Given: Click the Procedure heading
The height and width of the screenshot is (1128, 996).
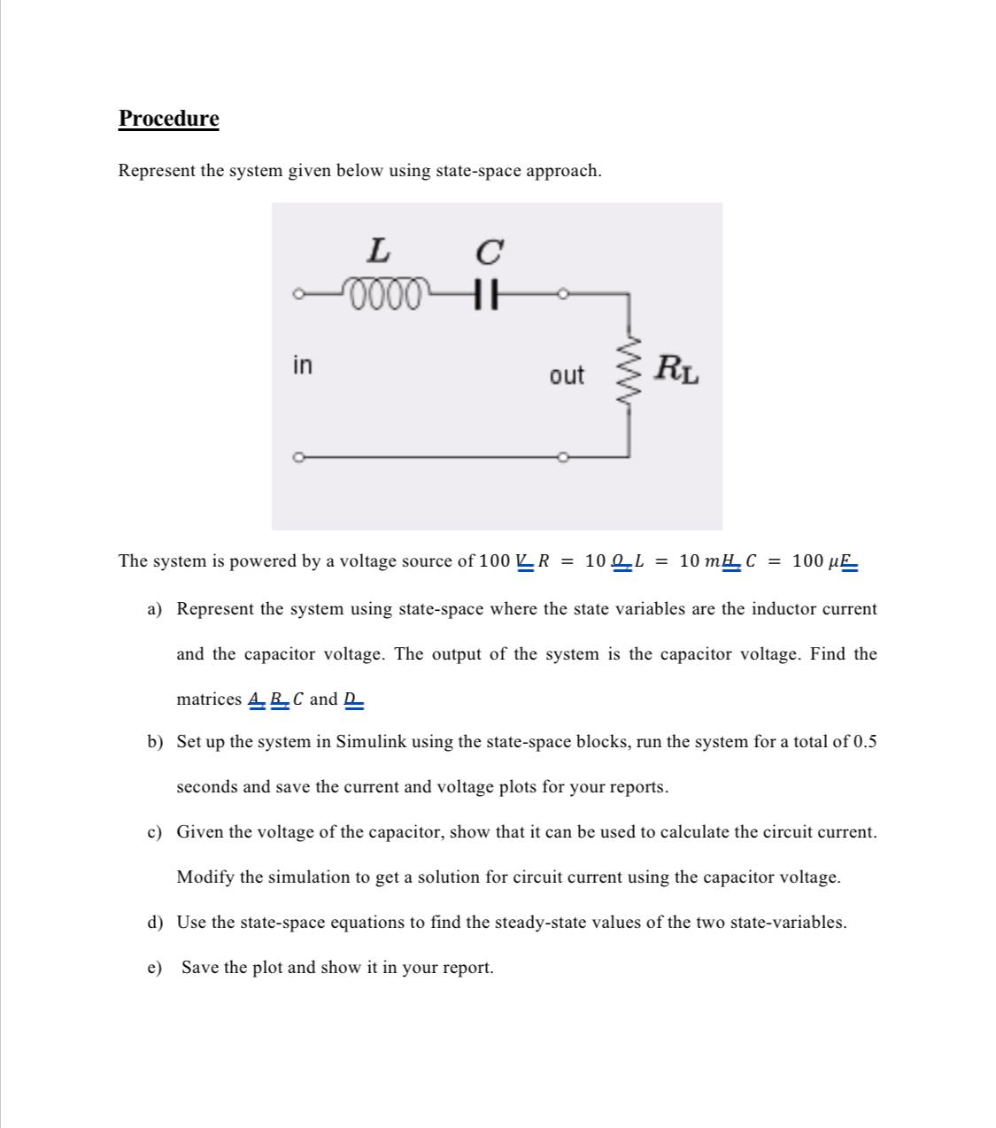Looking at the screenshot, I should click(x=168, y=119).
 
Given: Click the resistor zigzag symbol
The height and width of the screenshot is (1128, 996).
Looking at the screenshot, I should click(x=629, y=374).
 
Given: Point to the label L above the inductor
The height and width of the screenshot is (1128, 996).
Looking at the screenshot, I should click(x=378, y=251).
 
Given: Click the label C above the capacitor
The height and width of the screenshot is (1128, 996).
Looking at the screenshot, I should click(x=488, y=252).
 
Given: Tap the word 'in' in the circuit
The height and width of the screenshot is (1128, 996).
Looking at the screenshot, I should click(x=302, y=365).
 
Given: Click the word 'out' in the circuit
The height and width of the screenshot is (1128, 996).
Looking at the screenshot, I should click(x=567, y=375).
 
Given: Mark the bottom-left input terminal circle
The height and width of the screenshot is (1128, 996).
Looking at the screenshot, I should click(x=300, y=457).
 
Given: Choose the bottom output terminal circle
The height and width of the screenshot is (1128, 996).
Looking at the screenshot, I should click(x=562, y=457).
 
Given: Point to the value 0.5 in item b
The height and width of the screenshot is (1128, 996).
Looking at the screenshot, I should click(x=865, y=742).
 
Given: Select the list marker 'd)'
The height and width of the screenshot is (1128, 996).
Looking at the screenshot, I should click(x=155, y=923).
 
